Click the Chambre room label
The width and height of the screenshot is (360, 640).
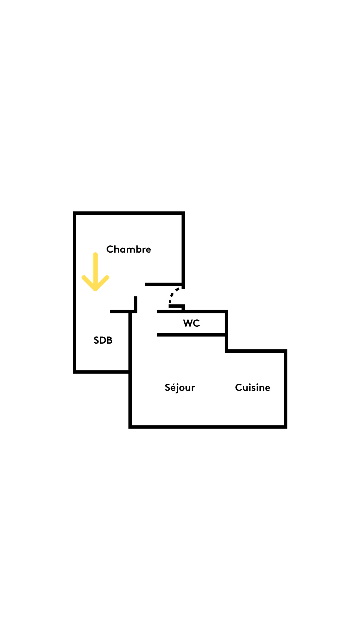[129, 249]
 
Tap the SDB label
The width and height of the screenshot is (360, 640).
[103, 340]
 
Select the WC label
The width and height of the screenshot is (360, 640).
[191, 323]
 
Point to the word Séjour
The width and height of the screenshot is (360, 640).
[180, 388]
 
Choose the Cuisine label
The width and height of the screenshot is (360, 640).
[253, 387]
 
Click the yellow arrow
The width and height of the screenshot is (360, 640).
[95, 272]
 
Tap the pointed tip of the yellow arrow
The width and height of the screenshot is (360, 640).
[95, 290]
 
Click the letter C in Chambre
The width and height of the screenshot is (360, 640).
[110, 249]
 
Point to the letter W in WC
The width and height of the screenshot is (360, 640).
[188, 323]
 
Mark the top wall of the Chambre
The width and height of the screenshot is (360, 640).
[129, 213]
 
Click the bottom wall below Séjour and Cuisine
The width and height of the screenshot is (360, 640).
[208, 427]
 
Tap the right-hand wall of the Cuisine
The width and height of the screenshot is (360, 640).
[285, 389]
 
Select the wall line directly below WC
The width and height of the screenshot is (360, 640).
[192, 335]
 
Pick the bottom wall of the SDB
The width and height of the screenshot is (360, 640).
[102, 372]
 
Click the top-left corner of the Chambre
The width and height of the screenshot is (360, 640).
[75, 213]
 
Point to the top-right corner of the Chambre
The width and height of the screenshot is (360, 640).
[183, 213]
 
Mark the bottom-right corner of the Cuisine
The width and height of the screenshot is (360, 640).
[285, 427]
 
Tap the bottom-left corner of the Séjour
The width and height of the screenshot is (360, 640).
[130, 427]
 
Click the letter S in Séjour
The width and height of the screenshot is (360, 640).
[168, 387]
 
